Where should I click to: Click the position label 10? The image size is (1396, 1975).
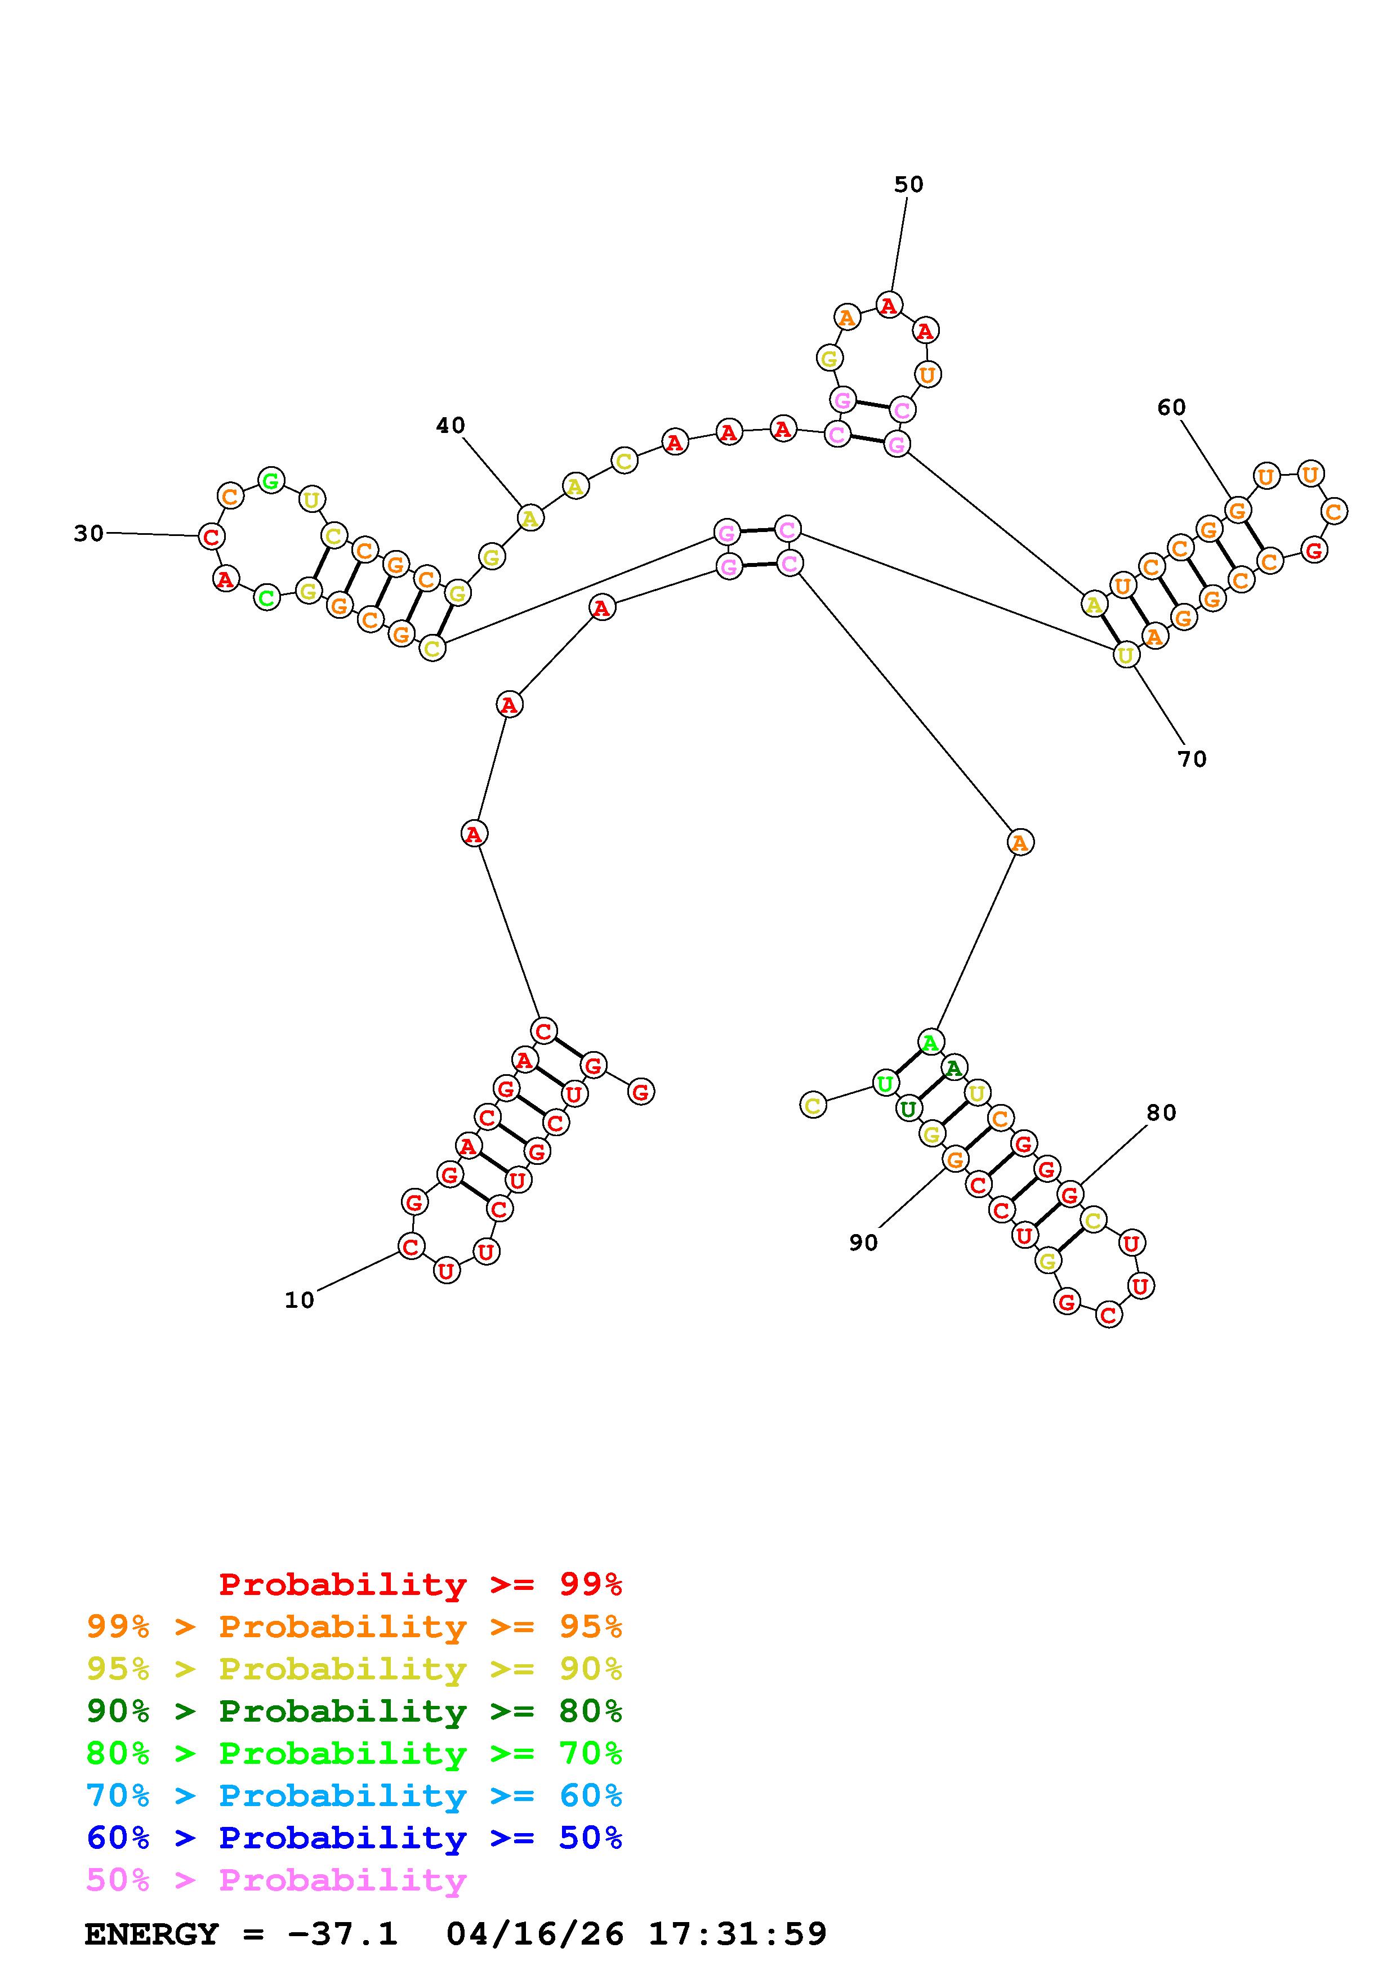[x=300, y=1300]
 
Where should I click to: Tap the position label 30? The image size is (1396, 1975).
[x=88, y=533]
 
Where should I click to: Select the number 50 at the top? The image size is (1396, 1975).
[x=908, y=184]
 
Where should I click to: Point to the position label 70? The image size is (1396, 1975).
[x=1192, y=759]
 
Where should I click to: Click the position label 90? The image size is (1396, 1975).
[x=864, y=1242]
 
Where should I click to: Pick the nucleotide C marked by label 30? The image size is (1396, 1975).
[x=211, y=537]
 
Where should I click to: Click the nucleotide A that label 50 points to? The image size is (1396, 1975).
[x=889, y=305]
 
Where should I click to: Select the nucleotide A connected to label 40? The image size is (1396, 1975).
[x=530, y=519]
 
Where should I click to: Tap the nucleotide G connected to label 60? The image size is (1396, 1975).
[x=1237, y=510]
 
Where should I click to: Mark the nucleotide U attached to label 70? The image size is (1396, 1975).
[x=1126, y=655]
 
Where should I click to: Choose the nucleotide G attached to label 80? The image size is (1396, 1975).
[x=1070, y=1194]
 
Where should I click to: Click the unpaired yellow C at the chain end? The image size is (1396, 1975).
[x=813, y=1105]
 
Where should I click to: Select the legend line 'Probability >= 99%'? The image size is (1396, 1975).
[x=420, y=1584]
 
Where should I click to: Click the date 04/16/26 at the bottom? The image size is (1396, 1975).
[x=535, y=1934]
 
